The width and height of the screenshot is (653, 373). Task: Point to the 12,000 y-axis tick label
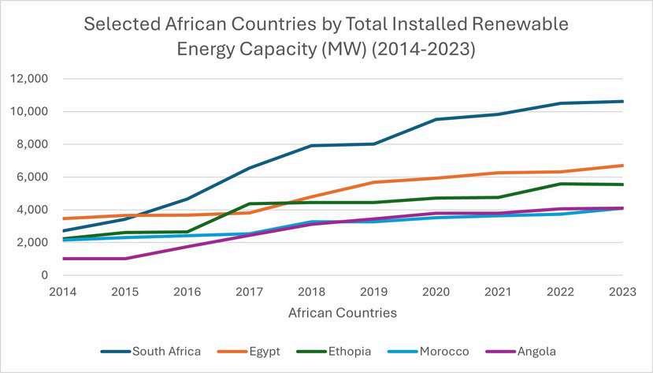pyautogui.click(x=30, y=79)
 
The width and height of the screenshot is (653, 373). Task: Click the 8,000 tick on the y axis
pyautogui.click(x=33, y=144)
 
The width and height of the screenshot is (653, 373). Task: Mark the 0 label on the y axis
pyautogui.click(x=45, y=275)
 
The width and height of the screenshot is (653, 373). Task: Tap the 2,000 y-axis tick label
pyautogui.click(x=33, y=243)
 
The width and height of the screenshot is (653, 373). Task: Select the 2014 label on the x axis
pyautogui.click(x=62, y=292)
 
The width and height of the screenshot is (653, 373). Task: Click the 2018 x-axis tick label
pyautogui.click(x=311, y=292)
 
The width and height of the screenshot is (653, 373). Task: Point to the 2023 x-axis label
pyautogui.click(x=623, y=292)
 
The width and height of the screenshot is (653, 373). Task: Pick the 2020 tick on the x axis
pyautogui.click(x=436, y=292)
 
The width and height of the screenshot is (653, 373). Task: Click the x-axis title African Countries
pyautogui.click(x=342, y=313)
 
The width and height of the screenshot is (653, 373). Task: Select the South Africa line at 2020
pyautogui.click(x=436, y=119)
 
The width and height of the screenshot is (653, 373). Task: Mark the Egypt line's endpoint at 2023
pyautogui.click(x=623, y=166)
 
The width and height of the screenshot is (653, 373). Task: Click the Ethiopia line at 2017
pyautogui.click(x=249, y=203)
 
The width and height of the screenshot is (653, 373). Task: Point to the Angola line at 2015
pyautogui.click(x=124, y=259)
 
